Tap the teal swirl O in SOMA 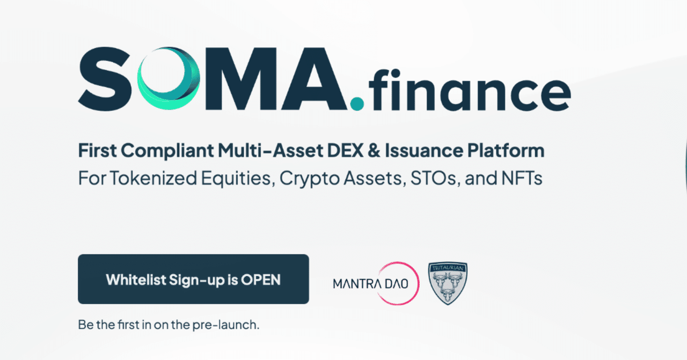167,77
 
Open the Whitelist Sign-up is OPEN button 193,279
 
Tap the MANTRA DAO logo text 370,283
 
